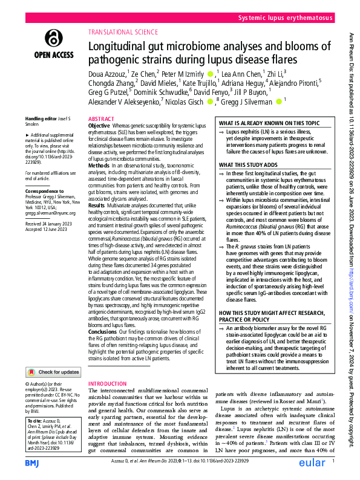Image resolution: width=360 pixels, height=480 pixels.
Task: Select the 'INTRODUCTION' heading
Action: (108, 384)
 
